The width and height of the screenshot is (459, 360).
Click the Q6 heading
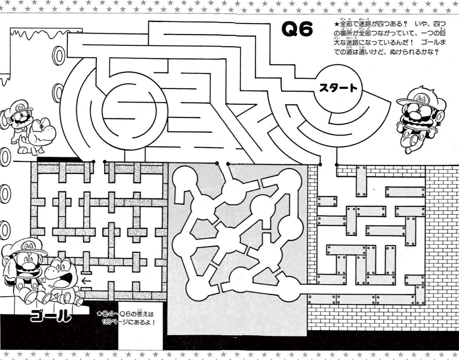(297, 29)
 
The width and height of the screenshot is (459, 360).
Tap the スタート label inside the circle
(339, 88)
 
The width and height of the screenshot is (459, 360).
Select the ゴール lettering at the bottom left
(51, 316)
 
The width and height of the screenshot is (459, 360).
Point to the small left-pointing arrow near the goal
(86, 281)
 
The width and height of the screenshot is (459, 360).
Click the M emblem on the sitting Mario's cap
(28, 245)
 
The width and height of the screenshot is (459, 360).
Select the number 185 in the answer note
(106, 322)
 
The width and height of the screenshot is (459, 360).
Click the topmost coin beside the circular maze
(59, 55)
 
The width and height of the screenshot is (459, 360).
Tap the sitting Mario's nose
(28, 266)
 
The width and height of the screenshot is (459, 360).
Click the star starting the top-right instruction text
(337, 24)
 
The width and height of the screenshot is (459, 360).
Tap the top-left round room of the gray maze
(185, 178)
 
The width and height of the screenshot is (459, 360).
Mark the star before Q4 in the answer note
(99, 314)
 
